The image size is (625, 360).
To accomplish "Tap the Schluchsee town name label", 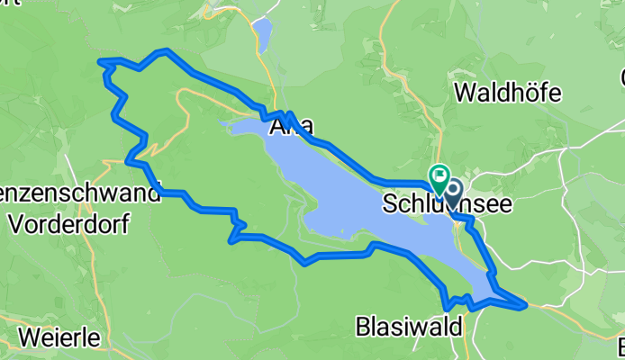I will pyautogui.click(x=447, y=204).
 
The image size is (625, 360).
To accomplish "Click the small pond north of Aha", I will pyautogui.click(x=262, y=34).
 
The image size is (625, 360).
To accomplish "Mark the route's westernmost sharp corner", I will pyautogui.click(x=102, y=61).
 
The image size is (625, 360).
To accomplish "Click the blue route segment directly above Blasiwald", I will pyautogui.click(x=444, y=293).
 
